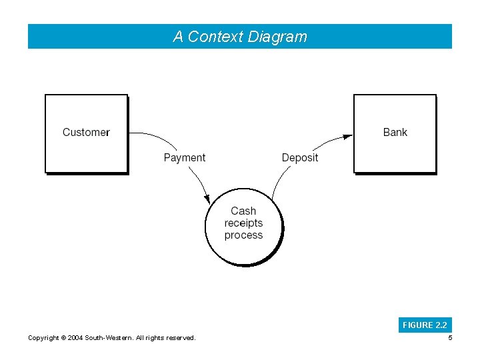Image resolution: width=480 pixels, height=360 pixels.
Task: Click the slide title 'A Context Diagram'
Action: [240, 37]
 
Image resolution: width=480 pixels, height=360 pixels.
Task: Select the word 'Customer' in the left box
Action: [86, 132]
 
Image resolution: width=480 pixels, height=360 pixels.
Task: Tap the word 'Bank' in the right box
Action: [395, 132]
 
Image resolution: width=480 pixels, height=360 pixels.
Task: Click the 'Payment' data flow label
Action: [185, 157]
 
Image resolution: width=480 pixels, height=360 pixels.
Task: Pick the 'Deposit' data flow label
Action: [300, 157]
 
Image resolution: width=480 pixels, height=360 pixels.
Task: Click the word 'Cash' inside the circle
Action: [243, 211]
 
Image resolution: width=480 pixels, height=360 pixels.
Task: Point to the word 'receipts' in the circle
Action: [243, 223]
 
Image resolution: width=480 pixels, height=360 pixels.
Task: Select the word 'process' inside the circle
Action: [243, 235]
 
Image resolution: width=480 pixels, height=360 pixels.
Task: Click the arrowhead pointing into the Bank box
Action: [347, 136]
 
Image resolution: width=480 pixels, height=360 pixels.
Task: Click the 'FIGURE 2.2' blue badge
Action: [425, 325]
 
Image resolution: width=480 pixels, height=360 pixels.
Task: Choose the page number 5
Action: [450, 338]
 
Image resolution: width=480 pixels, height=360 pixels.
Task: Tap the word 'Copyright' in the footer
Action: [43, 338]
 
